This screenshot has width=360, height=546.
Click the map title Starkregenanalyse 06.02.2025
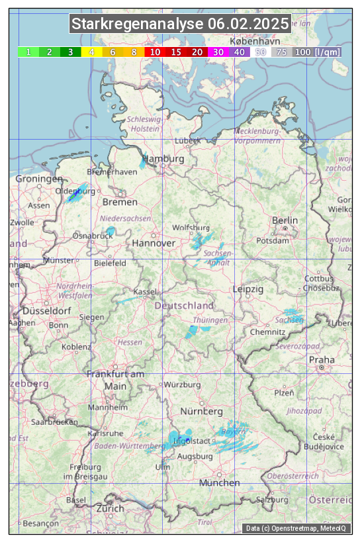click(180, 24)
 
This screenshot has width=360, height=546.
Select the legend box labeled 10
click(154, 52)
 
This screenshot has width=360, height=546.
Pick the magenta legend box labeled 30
click(218, 52)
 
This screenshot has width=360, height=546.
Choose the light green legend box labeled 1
click(28, 52)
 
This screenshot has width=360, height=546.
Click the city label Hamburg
click(163, 159)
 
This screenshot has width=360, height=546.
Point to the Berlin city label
click(285, 220)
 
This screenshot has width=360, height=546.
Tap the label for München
click(219, 482)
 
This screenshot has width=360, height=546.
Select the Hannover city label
click(154, 243)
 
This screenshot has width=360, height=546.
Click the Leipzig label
click(248, 289)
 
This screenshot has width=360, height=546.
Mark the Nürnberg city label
click(202, 412)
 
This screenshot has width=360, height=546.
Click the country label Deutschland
click(184, 306)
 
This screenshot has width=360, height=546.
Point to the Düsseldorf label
click(47, 311)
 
